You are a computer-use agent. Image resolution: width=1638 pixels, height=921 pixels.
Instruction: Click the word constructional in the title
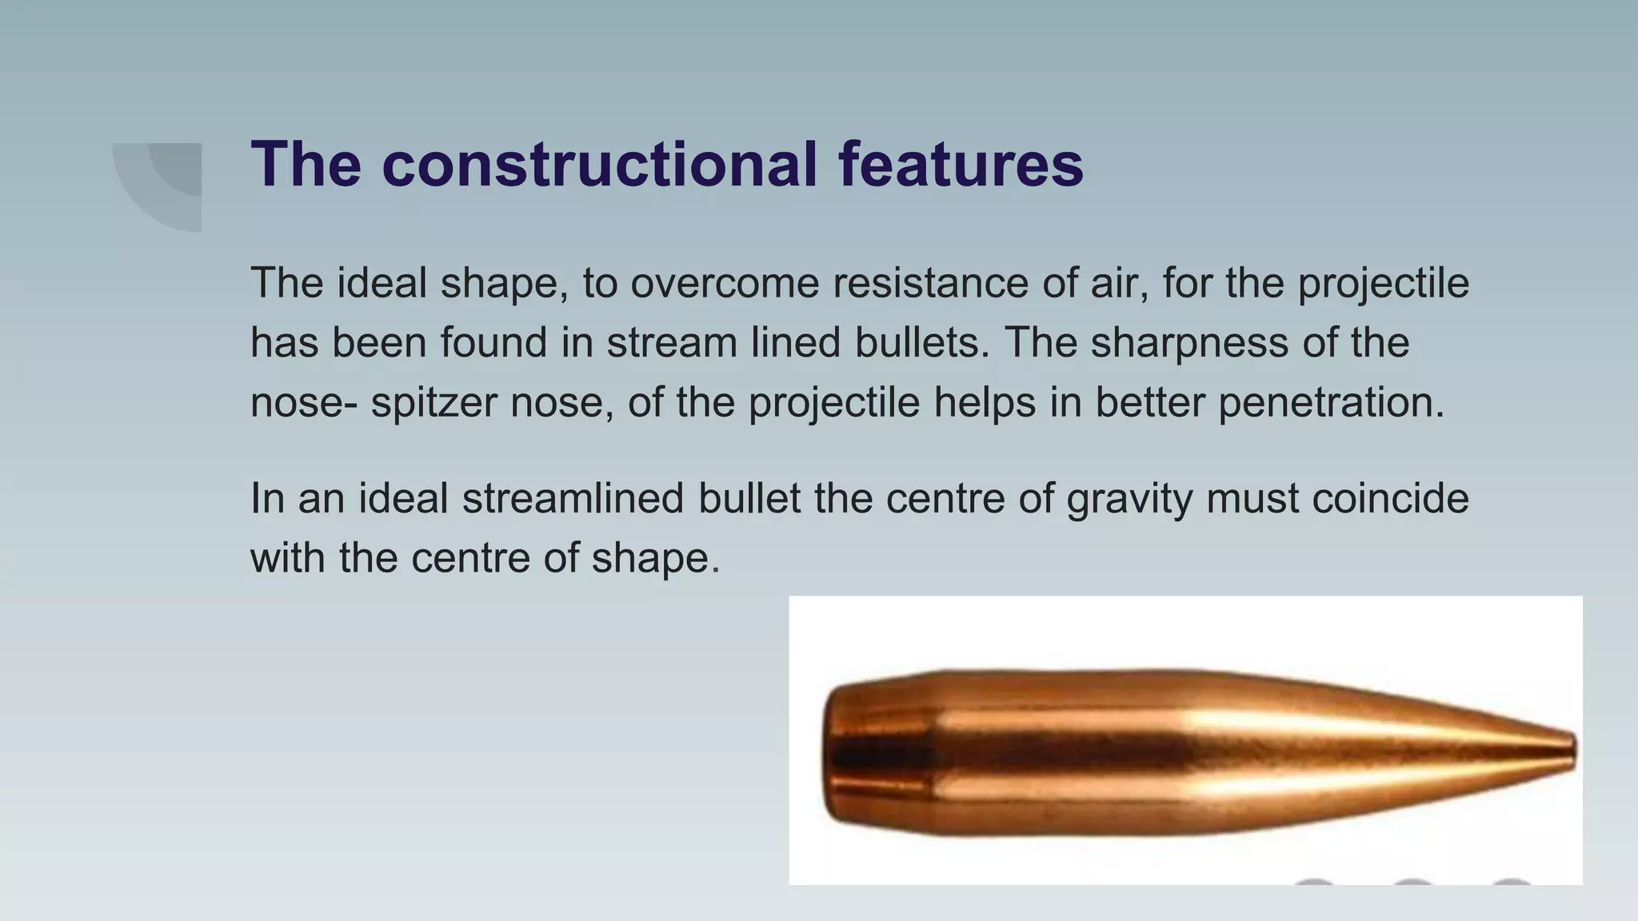coord(600,165)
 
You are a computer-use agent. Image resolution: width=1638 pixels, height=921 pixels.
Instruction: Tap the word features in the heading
coord(961,165)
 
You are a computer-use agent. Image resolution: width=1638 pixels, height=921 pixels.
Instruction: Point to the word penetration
coord(1331,401)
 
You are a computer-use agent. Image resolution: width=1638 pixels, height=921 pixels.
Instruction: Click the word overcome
coord(725,283)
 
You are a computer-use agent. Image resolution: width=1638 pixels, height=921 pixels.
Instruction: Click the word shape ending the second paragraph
coord(655,558)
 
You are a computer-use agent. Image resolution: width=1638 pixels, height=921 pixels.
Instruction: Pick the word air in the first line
coord(1115,283)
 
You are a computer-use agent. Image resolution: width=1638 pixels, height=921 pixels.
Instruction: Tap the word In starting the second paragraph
coord(267,499)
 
